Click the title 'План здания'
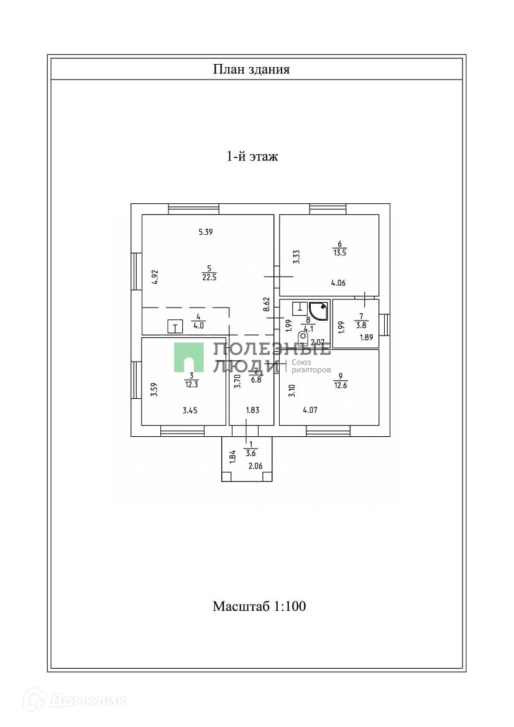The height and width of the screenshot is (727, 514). click(251, 69)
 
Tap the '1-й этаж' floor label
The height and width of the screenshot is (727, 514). click(251, 157)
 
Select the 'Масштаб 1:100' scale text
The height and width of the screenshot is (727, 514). click(259, 606)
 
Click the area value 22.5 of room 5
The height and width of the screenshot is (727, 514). click(209, 278)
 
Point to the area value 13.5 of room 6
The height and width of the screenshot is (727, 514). click(339, 253)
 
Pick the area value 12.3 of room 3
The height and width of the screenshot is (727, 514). click(191, 384)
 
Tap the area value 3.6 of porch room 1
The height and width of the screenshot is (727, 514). click(251, 453)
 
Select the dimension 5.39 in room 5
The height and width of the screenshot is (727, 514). click(206, 232)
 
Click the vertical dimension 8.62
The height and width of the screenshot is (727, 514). click(267, 304)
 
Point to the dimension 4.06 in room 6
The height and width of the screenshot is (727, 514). click(339, 283)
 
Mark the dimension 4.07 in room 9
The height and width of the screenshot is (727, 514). click(310, 410)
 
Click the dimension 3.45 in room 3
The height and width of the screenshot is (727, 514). click(190, 410)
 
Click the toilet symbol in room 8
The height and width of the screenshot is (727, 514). click(303, 338)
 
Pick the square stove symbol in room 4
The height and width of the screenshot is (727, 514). click(175, 327)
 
